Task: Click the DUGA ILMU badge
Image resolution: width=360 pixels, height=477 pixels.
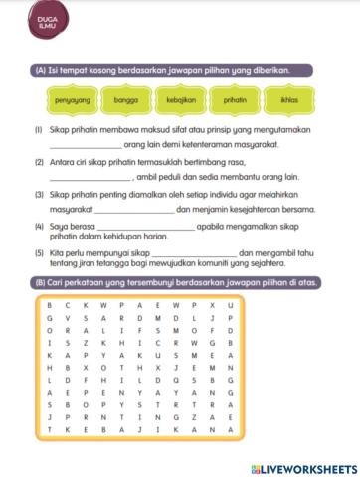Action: click(x=45, y=24)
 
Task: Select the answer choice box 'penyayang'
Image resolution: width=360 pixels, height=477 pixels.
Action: click(x=71, y=100)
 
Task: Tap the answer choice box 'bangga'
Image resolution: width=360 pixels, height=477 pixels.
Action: click(x=125, y=100)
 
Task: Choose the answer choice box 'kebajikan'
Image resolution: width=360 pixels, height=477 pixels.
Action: click(x=180, y=100)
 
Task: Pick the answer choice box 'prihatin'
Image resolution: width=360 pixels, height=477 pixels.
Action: click(x=235, y=100)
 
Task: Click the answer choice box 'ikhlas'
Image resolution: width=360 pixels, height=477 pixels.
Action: click(x=289, y=100)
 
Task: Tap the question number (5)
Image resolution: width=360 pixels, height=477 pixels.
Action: click(x=38, y=252)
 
